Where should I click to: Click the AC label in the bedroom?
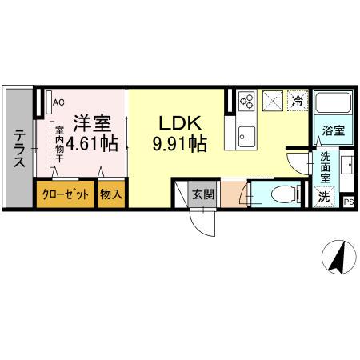click(58, 101)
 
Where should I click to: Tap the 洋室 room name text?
click(93, 124)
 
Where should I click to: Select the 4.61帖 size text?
click(92, 145)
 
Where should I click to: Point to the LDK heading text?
click(182, 124)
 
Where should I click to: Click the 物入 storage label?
click(112, 194)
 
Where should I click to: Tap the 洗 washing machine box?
click(325, 196)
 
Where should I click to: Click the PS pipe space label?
click(348, 202)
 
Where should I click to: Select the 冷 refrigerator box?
click(297, 102)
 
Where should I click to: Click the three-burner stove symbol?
click(246, 102)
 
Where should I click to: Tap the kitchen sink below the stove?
click(246, 134)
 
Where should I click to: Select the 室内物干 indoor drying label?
click(58, 143)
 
